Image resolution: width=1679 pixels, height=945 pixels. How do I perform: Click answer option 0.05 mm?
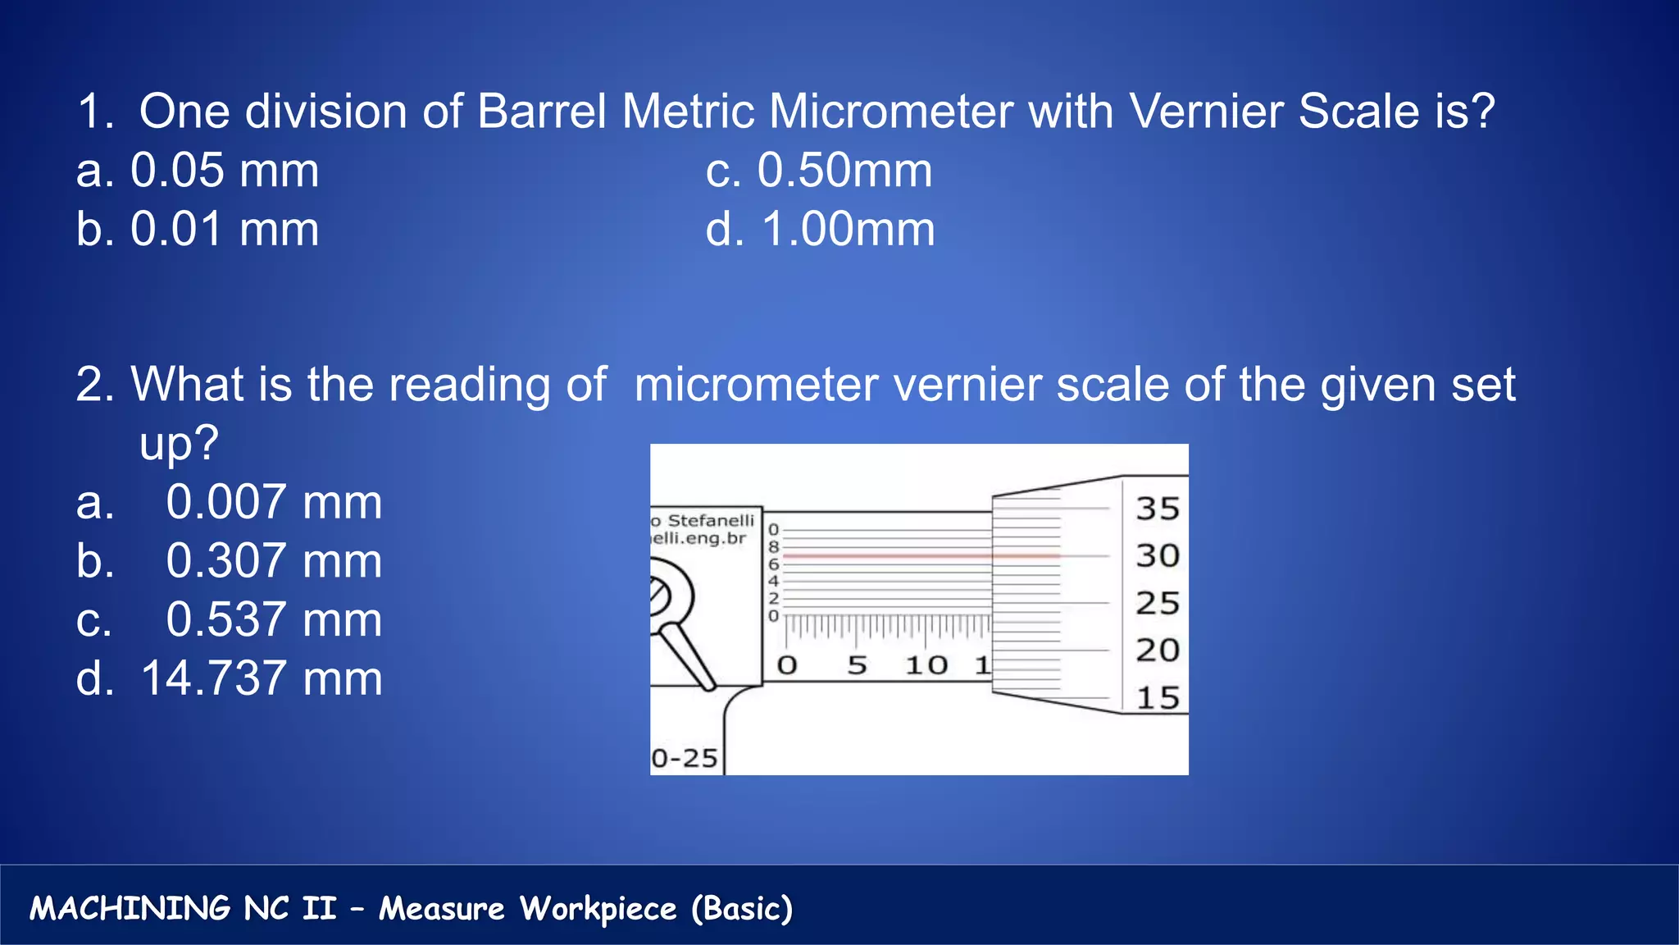198,171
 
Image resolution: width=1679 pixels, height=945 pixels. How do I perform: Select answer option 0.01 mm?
198,230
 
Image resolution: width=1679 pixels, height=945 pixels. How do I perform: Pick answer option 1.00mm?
820,230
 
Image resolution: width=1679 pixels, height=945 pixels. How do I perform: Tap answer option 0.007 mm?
230,502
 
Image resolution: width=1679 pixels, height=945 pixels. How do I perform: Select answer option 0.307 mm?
230,561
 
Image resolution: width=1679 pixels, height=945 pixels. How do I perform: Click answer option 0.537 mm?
230,620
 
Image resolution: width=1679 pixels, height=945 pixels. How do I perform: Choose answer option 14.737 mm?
230,679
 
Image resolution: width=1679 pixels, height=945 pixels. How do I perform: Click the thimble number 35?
1157,509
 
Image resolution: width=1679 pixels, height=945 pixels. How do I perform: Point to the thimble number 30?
1157,556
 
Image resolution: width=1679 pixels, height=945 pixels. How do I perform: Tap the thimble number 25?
1157,604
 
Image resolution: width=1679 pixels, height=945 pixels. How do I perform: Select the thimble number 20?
1157,651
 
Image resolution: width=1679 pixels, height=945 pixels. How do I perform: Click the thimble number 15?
1157,698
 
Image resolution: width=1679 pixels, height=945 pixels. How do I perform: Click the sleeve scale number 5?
857,664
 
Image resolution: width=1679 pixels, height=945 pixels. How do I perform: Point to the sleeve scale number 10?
926,664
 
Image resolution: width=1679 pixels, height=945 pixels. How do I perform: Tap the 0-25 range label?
685,758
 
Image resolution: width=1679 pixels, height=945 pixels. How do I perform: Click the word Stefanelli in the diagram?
710,521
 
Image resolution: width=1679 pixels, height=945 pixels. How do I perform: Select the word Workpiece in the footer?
598,909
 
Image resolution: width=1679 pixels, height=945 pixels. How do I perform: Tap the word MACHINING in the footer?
130,909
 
